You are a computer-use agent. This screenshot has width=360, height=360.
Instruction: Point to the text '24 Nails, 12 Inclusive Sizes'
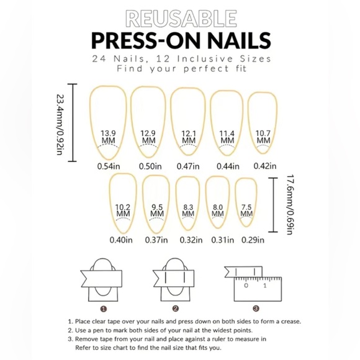(179, 58)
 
